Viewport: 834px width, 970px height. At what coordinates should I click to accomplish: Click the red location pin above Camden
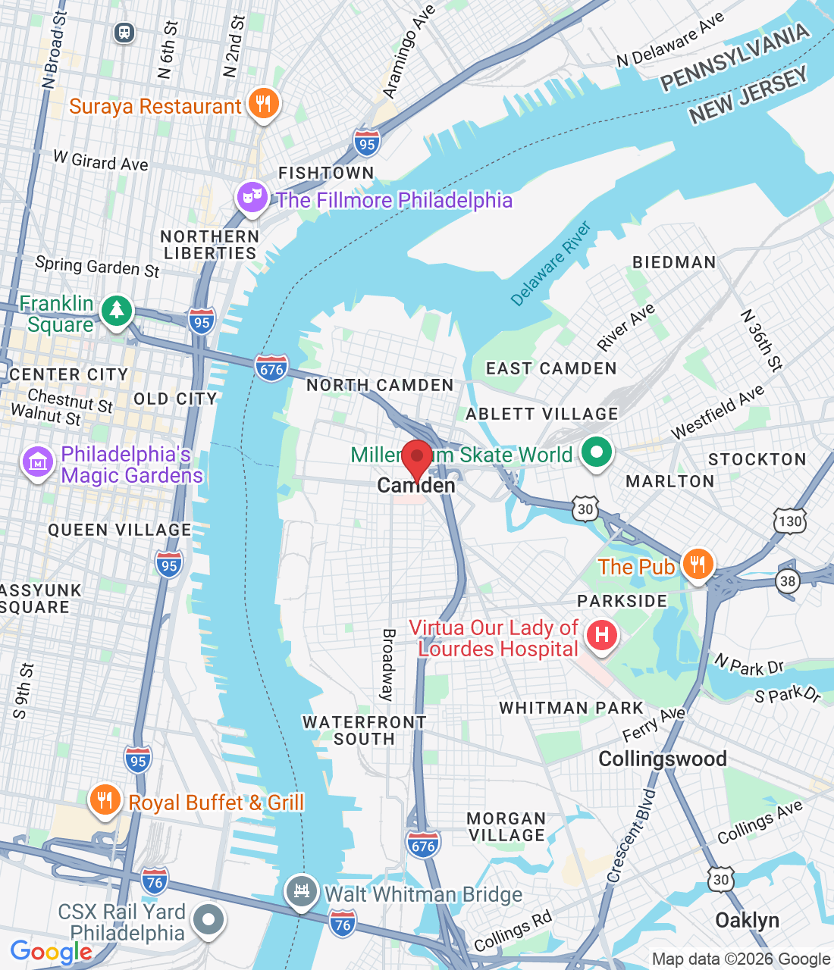(416, 458)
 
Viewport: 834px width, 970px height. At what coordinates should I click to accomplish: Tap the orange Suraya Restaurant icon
(263, 104)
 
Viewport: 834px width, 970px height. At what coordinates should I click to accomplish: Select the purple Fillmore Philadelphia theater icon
(252, 198)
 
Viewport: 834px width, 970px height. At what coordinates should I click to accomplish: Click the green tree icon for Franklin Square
(116, 311)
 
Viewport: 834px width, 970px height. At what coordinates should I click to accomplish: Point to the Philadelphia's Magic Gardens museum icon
(38, 462)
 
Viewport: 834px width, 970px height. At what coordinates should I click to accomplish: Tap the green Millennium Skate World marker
(596, 453)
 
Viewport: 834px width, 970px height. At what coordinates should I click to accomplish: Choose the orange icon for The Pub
(697, 565)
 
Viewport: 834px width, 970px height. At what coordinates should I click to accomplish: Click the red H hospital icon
(602, 634)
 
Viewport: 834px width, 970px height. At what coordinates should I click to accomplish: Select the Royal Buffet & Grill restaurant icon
(105, 800)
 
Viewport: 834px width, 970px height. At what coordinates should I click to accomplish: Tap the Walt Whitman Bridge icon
(301, 891)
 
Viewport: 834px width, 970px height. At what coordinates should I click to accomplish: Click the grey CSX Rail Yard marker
(208, 920)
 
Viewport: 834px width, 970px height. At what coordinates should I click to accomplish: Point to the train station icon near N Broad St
(124, 33)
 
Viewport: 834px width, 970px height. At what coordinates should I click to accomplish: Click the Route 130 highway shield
(789, 521)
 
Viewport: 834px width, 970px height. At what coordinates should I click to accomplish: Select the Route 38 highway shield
(788, 581)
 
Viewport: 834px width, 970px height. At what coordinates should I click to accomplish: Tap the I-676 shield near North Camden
(271, 369)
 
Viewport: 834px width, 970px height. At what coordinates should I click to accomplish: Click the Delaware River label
(550, 264)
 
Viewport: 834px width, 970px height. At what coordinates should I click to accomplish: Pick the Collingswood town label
(662, 759)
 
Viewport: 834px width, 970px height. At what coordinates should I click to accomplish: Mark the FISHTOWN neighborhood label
(326, 173)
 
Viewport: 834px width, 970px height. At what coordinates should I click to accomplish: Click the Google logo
(51, 952)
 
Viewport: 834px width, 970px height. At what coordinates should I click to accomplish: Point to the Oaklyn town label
(747, 920)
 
